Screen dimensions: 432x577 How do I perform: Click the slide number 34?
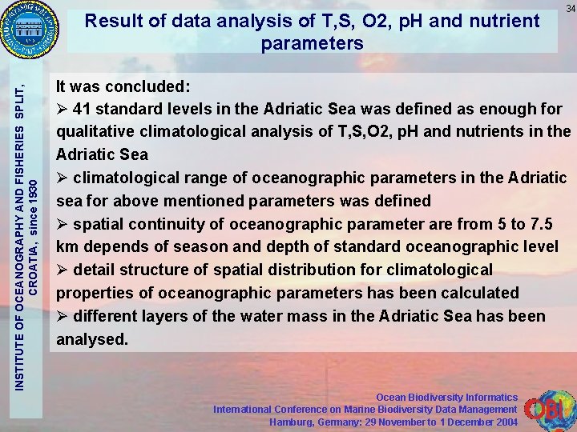click(x=570, y=8)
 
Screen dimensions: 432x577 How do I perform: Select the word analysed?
click(x=91, y=339)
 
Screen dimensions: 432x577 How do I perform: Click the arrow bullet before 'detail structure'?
click(x=63, y=270)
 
